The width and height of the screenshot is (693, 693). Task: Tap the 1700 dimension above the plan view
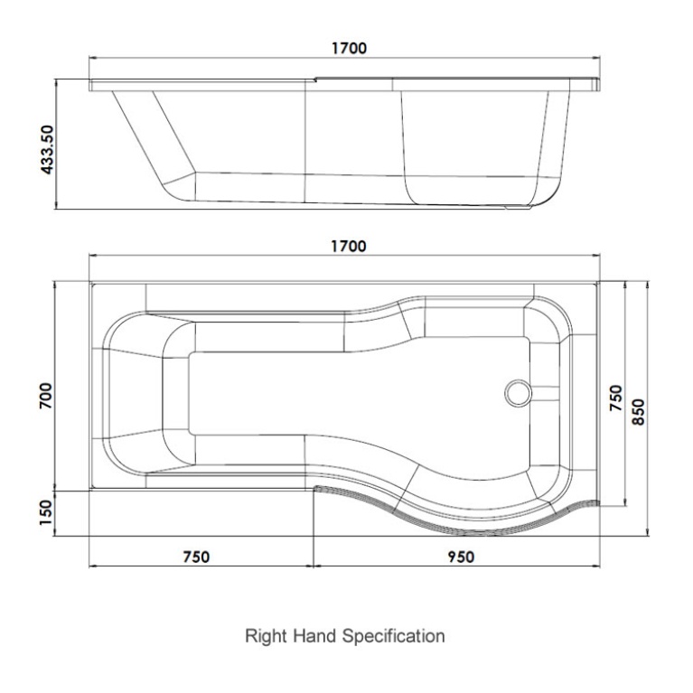pyautogui.click(x=347, y=247)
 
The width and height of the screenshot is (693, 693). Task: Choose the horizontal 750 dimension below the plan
pyautogui.click(x=197, y=557)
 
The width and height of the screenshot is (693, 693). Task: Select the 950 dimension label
pyautogui.click(x=460, y=557)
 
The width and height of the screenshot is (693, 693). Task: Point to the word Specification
pyautogui.click(x=393, y=636)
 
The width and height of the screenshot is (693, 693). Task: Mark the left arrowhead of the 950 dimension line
pyautogui.click(x=317, y=567)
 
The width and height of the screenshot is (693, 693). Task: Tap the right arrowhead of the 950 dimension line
pyautogui.click(x=596, y=567)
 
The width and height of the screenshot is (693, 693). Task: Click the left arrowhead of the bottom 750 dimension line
pyautogui.click(x=93, y=567)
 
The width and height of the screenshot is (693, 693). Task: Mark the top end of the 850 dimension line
pyautogui.click(x=648, y=282)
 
